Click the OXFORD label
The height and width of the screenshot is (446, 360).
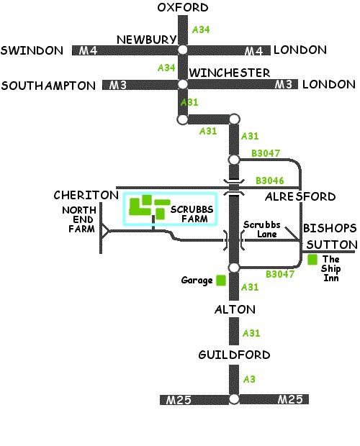(183, 7)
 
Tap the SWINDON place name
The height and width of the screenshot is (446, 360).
(32, 50)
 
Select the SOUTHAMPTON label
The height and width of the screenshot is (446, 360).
(48, 86)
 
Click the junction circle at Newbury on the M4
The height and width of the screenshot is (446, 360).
(183, 50)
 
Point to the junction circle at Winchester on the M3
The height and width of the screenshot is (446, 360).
(182, 84)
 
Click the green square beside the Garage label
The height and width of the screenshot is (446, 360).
(221, 280)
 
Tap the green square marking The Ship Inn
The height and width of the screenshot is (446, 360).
(312, 260)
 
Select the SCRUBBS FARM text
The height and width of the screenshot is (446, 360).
(192, 214)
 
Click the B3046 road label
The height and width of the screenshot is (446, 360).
(270, 181)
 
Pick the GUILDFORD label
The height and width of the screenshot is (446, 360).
(234, 355)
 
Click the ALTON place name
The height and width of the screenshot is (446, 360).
(235, 309)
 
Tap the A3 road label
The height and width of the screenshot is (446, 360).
(249, 379)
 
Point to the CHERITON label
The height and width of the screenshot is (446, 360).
(86, 195)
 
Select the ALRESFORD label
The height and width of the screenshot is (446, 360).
(300, 196)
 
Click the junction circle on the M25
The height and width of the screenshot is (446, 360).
(234, 399)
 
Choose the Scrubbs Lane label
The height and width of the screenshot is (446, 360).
(262, 229)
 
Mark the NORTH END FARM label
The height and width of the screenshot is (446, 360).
(79, 219)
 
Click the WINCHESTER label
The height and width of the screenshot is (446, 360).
(230, 73)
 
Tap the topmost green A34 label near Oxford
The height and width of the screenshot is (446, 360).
(201, 29)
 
